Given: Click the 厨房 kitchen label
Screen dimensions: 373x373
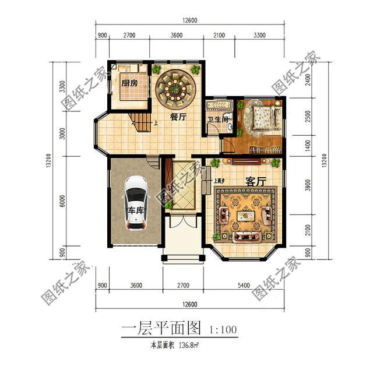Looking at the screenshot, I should coord(130,83).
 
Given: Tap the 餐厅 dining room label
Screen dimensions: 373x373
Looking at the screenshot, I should coord(178,117).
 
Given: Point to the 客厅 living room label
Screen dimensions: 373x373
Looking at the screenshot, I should coord(256,181).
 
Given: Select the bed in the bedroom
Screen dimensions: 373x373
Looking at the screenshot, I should coord(262,118).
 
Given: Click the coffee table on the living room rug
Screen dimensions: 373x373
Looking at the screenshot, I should coord(245,217).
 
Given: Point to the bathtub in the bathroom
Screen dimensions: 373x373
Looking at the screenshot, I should coord(219,106).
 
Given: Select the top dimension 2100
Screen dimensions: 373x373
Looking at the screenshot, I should coord(219,36).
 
